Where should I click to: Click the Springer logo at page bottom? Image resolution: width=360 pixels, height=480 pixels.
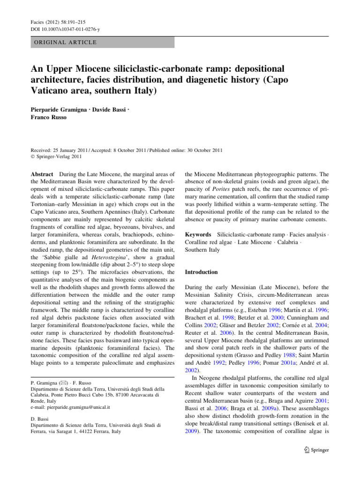[317, 450]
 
